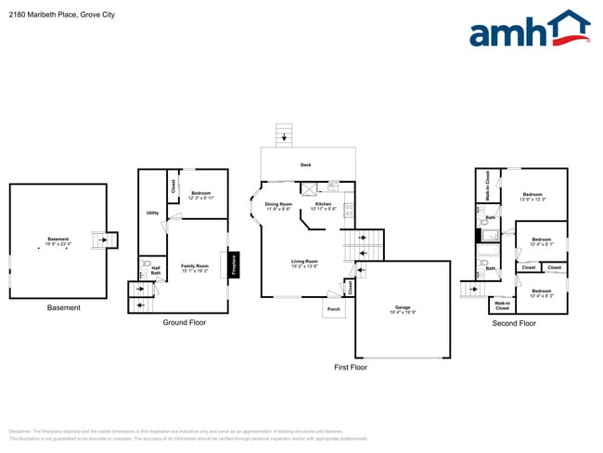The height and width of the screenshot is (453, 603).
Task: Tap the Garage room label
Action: coord(402,307)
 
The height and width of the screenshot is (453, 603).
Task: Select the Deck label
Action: coord(305,165)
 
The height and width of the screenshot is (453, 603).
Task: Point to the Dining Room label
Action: coord(278,205)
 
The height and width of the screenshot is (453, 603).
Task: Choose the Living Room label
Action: coord(304,263)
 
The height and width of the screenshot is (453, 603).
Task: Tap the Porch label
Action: coord(333,308)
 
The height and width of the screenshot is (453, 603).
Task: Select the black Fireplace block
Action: coord(235,265)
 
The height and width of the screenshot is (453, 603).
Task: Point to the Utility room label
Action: coord(152,213)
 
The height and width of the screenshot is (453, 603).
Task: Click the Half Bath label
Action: coord(156,271)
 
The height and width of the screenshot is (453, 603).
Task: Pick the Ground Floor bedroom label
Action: coord(201,194)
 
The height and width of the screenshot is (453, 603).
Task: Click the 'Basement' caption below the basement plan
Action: coord(63,308)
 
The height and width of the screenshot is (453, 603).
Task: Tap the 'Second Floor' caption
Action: coord(514,323)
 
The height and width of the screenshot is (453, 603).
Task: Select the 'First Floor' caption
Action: coord(351,368)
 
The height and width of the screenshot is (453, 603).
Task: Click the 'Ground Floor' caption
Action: coord(184,323)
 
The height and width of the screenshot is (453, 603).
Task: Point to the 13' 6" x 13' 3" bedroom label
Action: coord(532,197)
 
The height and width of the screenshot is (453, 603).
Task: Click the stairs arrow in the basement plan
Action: coord(103,240)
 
